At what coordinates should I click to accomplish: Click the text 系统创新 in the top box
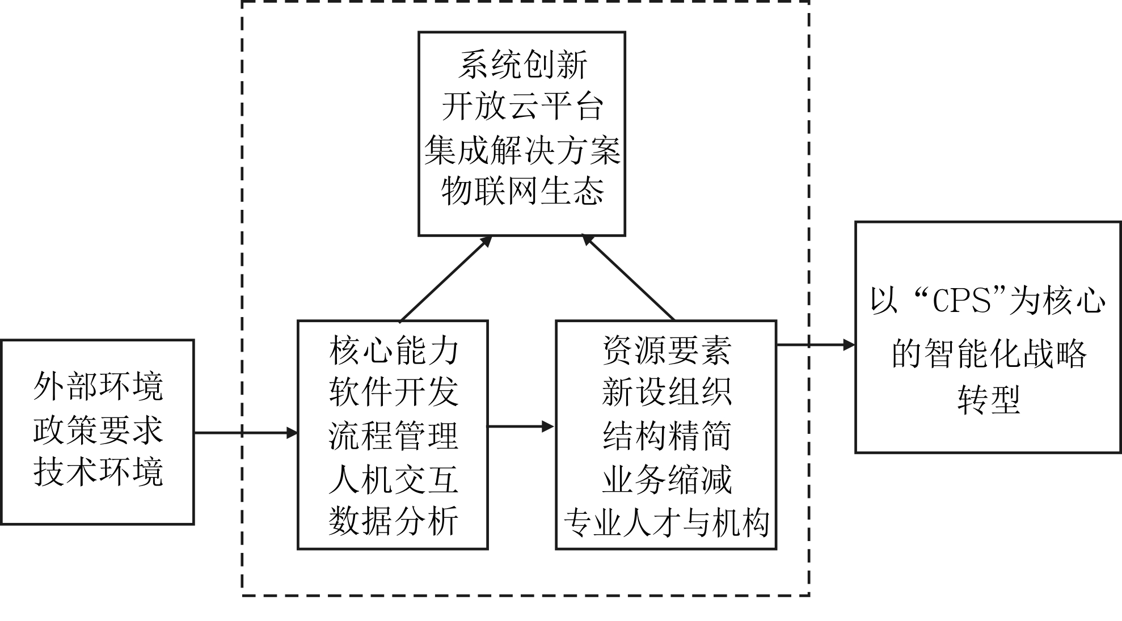tap(522, 65)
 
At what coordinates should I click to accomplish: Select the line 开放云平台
tap(522, 107)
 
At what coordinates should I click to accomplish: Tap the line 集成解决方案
tap(522, 150)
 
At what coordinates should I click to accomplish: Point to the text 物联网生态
tap(522, 191)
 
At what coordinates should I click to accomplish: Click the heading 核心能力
tap(393, 350)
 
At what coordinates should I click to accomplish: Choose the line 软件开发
tap(393, 392)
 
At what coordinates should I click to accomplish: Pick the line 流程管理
tap(393, 436)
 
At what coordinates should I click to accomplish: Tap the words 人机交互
tap(393, 479)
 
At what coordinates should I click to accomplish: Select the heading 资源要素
tap(667, 350)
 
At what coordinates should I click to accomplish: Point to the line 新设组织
tap(667, 392)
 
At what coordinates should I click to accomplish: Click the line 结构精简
tap(667, 436)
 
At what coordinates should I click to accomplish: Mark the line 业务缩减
tap(667, 479)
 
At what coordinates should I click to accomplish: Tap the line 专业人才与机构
tap(667, 522)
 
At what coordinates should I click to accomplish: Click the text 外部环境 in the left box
tap(98, 387)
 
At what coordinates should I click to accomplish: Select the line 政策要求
tap(98, 430)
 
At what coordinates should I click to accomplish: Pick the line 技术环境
tap(98, 472)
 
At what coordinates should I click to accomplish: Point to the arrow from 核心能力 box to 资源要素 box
tap(521, 426)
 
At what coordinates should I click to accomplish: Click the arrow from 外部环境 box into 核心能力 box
tap(246, 433)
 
